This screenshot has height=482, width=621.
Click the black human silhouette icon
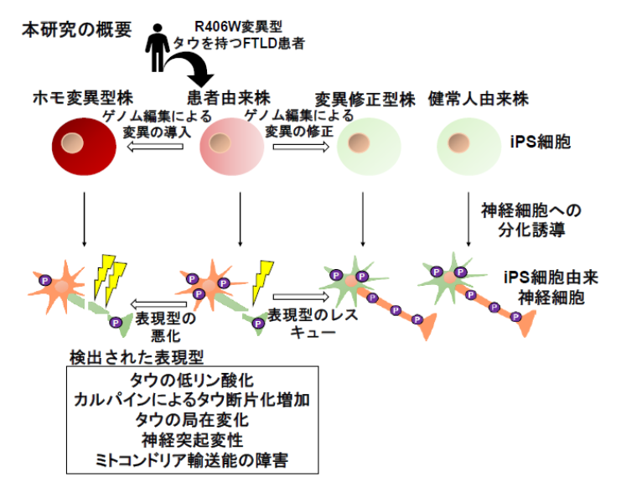pyautogui.click(x=158, y=48)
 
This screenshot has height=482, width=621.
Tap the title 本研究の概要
pyautogui.click(x=76, y=30)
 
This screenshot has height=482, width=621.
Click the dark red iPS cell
pyautogui.click(x=84, y=147)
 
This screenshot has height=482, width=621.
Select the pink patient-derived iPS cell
pyautogui.click(x=231, y=147)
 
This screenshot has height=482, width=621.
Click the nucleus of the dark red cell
pyautogui.click(x=72, y=143)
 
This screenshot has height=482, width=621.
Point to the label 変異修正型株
pyautogui.click(x=365, y=100)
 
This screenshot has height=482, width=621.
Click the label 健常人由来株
pyautogui.click(x=479, y=99)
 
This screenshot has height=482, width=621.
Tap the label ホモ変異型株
pyautogui.click(x=83, y=98)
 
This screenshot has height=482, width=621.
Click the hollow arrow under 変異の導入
pyautogui.click(x=155, y=147)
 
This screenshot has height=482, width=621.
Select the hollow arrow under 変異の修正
pyautogui.click(x=301, y=147)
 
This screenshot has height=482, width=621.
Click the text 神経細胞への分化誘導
pyautogui.click(x=531, y=220)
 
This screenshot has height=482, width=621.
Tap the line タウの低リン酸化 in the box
pyautogui.click(x=192, y=381)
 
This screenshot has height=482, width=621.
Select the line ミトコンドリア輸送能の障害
pyautogui.click(x=192, y=460)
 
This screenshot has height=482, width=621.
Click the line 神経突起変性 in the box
pyautogui.click(x=192, y=440)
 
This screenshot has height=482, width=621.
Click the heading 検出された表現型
pyautogui.click(x=137, y=357)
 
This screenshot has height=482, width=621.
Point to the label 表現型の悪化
pyautogui.click(x=166, y=327)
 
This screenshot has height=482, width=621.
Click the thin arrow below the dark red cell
pyautogui.click(x=84, y=220)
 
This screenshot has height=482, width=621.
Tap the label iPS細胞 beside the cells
pyautogui.click(x=541, y=142)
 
